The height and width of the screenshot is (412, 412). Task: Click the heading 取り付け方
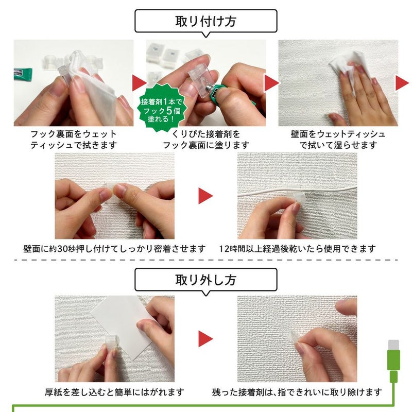coord(206,22)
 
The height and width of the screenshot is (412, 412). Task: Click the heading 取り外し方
coord(206,280)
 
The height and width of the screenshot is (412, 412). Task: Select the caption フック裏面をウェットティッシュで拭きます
coord(73,140)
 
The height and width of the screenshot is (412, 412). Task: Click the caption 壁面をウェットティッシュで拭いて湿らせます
coord(338,140)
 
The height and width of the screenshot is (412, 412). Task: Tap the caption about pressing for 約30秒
coord(115,248)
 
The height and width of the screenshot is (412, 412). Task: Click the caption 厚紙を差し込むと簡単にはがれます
coord(114,392)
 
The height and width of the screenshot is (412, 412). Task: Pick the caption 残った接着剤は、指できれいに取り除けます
coord(297,392)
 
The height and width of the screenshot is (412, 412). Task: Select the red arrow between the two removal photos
coord(206,338)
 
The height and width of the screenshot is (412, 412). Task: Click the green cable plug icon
coord(393,360)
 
